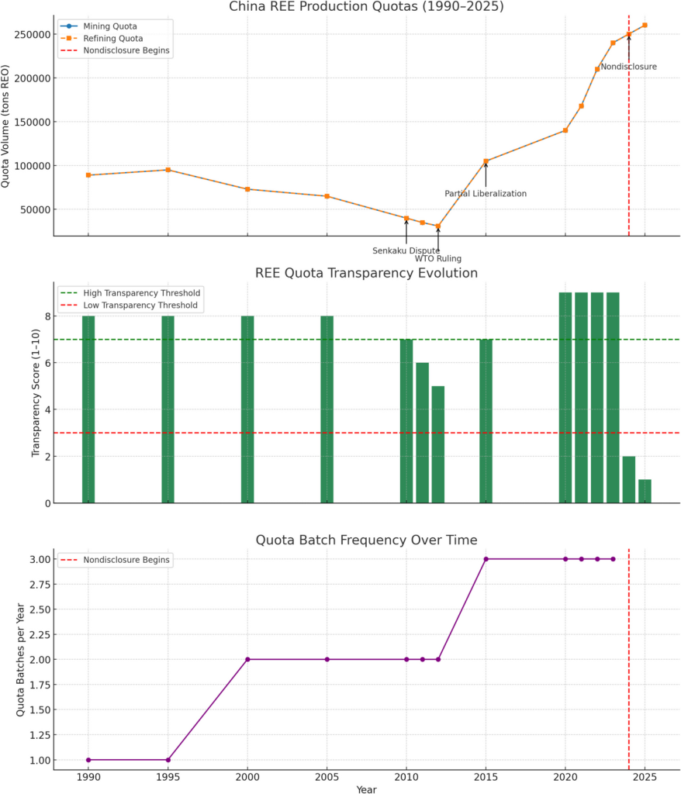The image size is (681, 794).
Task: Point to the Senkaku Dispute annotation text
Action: pos(406,250)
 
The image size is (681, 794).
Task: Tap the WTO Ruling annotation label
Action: pos(438,259)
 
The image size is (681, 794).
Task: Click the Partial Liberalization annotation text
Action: pos(486,194)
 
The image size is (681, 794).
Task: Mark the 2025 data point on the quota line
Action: pos(645,25)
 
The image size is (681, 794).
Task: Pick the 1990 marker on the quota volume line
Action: pos(88,175)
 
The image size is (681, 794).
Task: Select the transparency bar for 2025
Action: pos(645,491)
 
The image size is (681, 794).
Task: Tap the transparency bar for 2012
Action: pos(438,444)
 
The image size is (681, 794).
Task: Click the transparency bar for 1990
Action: pos(88,409)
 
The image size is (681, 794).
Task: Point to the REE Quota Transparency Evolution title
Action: pos(366,273)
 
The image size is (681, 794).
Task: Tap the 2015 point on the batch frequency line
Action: pos(486,559)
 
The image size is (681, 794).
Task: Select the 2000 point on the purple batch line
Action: pos(247,659)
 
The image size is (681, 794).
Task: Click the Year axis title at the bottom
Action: pos(366,789)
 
